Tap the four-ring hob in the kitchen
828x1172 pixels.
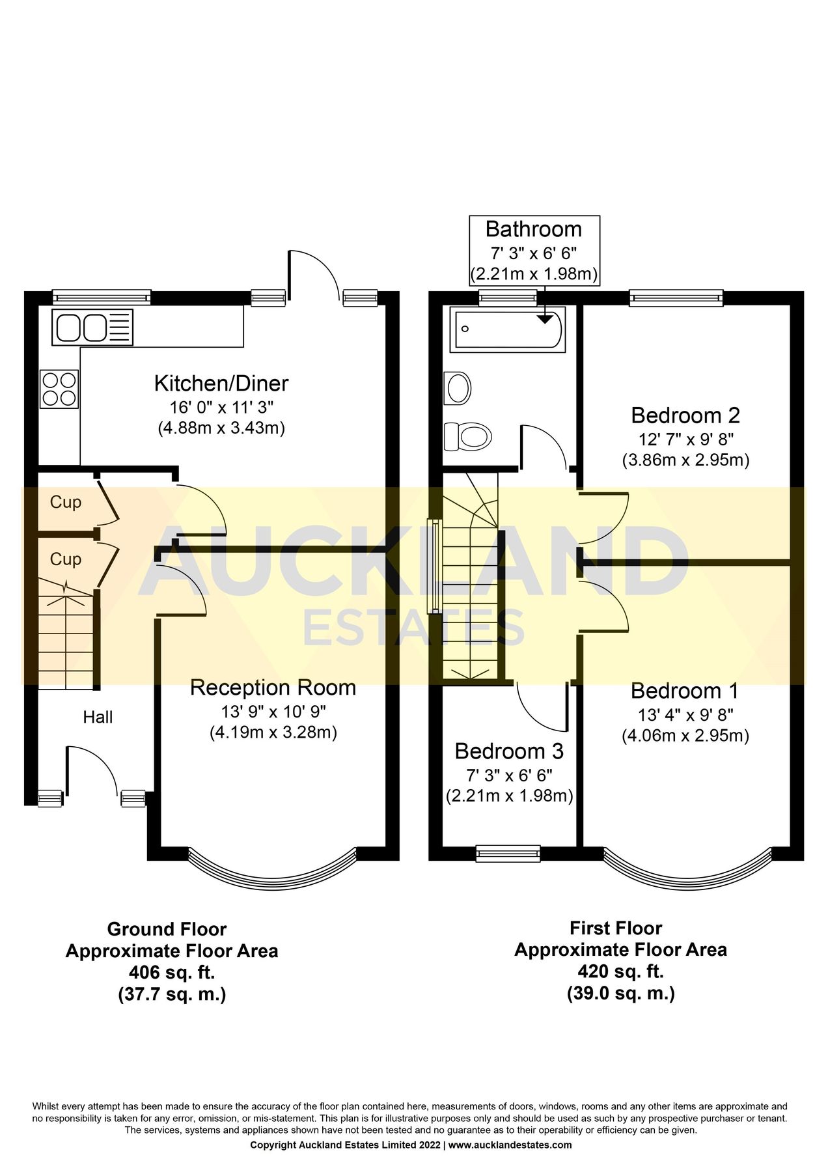pos(59,389)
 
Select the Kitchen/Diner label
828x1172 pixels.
pos(221,384)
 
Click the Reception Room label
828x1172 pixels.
pos(273,688)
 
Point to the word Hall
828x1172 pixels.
pos(98,718)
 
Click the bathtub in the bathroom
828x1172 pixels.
pos(507,329)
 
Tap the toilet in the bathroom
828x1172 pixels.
pos(467,436)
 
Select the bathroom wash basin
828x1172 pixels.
pos(458,388)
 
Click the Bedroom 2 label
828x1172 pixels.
pos(685,415)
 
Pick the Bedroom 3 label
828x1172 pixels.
pos(509,751)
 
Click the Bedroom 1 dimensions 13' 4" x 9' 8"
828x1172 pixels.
pos(685,715)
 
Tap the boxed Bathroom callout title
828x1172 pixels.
pos(534,230)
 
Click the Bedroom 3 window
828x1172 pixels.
pos(508,853)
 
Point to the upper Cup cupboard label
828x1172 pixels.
pos(66,502)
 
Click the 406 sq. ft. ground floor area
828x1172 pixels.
pos(172,973)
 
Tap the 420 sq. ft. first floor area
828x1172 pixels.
pos(620,971)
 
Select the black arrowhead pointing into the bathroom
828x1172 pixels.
pos(544,319)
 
